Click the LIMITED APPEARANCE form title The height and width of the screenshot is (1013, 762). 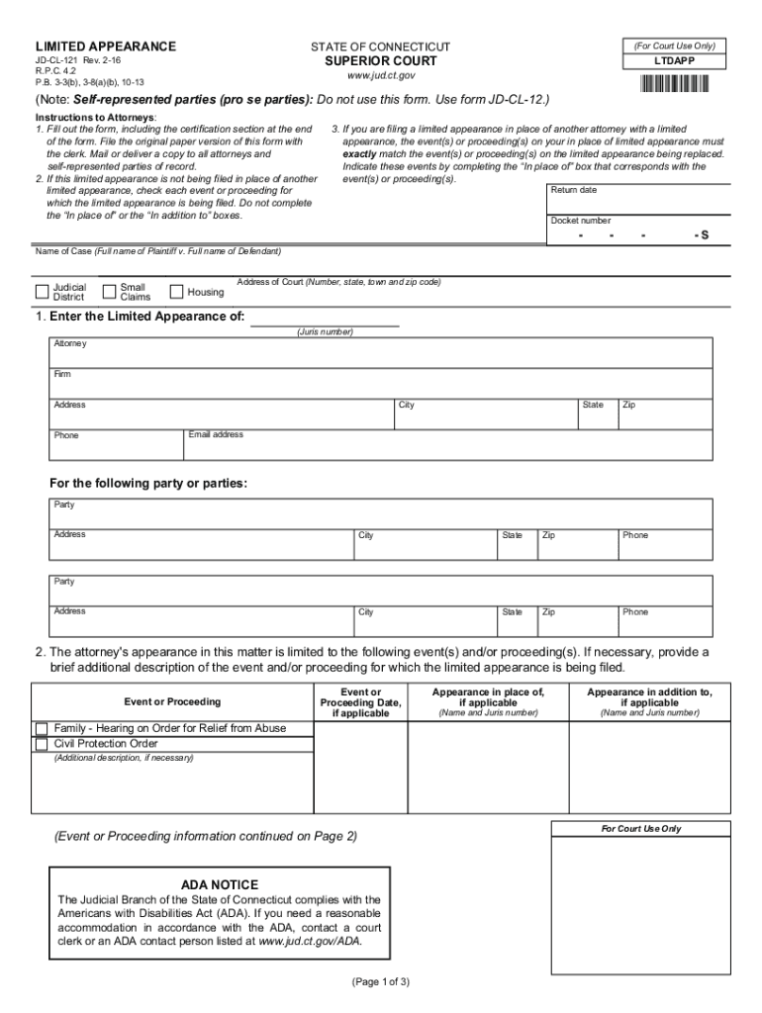pos(106,46)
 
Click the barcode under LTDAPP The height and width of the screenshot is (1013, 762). pos(683,83)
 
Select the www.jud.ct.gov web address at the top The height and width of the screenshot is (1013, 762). pos(380,75)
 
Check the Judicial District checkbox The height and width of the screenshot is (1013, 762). pos(42,292)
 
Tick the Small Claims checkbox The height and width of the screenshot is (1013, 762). pos(110,292)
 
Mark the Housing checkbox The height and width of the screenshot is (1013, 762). pos(177,292)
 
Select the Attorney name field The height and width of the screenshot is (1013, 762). pos(381,352)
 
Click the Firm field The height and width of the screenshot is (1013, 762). pos(381,383)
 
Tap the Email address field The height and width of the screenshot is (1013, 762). pos(447,444)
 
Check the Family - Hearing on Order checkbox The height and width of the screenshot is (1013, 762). pos(42,728)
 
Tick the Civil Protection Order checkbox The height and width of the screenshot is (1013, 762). pos(42,744)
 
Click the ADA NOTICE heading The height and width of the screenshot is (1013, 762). pos(220,884)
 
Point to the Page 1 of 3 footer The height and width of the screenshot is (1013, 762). pos(380,981)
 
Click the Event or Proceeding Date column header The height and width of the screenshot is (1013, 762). pos(360,702)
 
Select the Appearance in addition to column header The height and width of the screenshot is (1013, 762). pos(648,698)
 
